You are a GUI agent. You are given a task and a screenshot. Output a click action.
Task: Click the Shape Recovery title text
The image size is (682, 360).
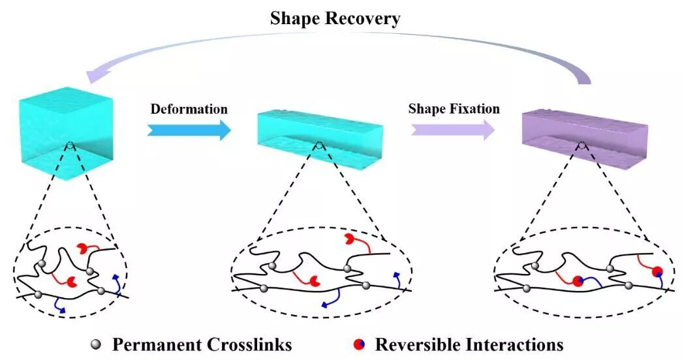click(335, 19)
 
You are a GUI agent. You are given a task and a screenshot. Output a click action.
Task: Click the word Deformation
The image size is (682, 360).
click(189, 108)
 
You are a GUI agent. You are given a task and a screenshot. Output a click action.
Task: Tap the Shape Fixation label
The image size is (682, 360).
click(454, 108)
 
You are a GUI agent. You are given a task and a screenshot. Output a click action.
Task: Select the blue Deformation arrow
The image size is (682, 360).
click(189, 130)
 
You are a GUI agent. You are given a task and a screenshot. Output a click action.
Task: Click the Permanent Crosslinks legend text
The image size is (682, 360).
click(202, 344)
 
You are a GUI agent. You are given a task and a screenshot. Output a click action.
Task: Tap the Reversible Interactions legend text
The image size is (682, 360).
click(469, 344)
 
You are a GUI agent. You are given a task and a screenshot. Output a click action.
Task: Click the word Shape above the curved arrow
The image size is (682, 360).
click(293, 19)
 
